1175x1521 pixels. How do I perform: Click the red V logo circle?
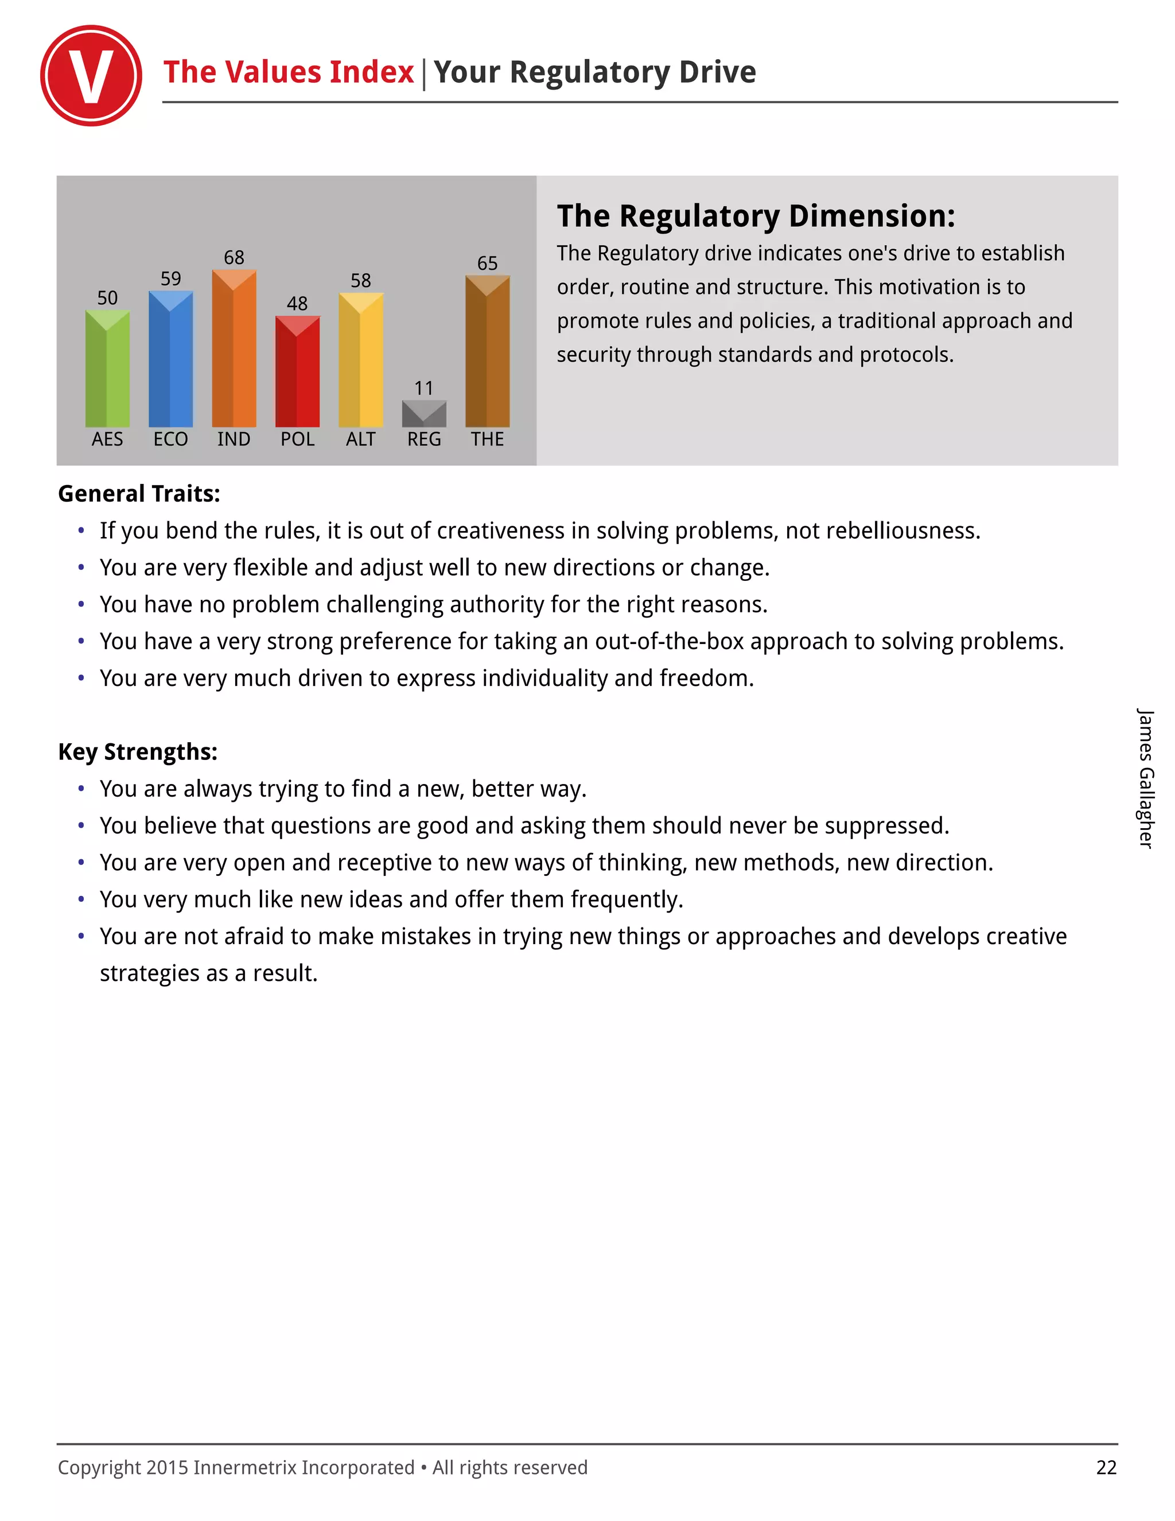[91, 76]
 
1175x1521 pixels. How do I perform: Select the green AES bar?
[107, 369]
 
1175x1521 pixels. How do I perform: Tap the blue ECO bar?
[170, 359]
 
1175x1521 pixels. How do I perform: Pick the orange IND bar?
[234, 349]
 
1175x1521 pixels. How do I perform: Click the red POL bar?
[297, 372]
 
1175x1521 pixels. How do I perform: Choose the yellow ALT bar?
[360, 360]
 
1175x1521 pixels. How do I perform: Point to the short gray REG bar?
[424, 414]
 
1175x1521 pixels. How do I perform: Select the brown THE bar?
[487, 352]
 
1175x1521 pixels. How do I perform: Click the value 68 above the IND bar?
[234, 258]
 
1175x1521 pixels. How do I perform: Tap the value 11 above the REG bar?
[424, 388]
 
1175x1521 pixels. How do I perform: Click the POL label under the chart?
[297, 440]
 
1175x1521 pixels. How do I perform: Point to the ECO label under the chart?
[170, 440]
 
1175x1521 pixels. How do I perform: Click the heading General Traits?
[139, 494]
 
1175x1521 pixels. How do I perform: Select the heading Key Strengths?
[138, 752]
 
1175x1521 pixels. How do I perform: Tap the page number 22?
[1106, 1468]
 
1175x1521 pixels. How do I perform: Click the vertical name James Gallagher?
[1145, 779]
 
